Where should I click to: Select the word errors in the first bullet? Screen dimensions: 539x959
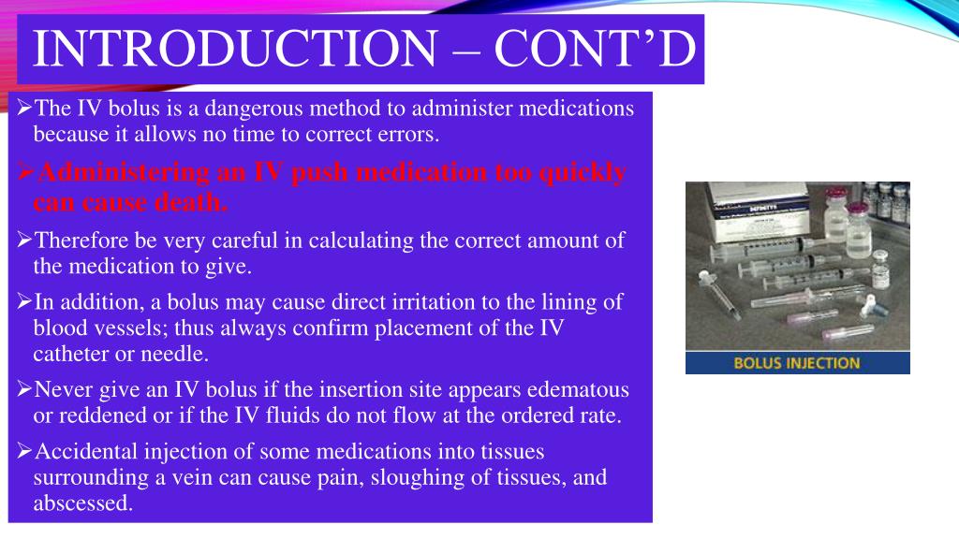click(x=408, y=134)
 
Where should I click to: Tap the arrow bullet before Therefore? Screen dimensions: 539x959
click(x=25, y=241)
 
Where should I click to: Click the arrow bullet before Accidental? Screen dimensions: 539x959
click(x=25, y=453)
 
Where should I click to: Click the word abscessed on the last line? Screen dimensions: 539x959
click(x=82, y=503)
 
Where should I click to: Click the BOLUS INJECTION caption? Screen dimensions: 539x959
click(x=796, y=363)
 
